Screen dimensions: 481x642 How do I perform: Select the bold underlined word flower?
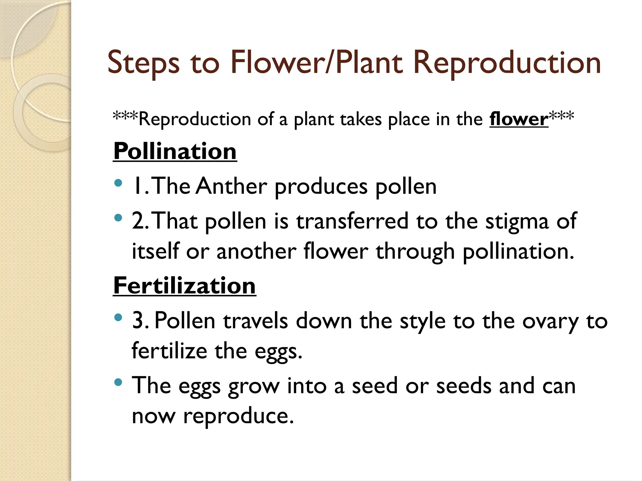tap(519, 119)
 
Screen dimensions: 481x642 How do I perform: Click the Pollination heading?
tap(175, 151)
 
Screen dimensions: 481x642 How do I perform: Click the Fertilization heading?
tap(184, 286)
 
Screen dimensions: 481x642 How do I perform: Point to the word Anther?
tap(232, 186)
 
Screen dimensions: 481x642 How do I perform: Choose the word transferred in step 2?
tap(352, 221)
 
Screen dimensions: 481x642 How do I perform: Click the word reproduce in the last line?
tap(238, 416)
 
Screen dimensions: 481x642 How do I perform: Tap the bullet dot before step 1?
tap(118, 183)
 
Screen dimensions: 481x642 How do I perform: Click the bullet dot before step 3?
tap(118, 318)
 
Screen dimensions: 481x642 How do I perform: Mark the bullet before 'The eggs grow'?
tap(118, 382)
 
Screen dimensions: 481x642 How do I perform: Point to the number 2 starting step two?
tap(138, 221)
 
